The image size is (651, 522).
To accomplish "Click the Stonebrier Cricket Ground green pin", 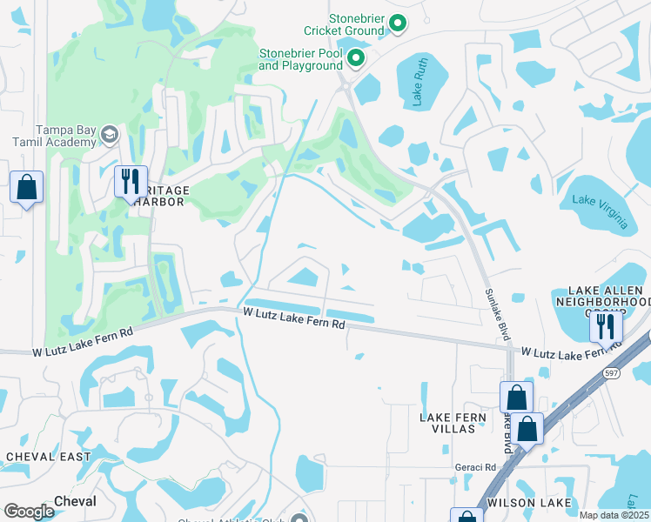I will click(398, 23).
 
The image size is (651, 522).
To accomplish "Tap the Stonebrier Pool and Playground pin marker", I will click(356, 58).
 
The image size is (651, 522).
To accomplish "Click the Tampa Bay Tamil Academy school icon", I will click(110, 134).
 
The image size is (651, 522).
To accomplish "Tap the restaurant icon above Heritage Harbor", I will click(131, 182).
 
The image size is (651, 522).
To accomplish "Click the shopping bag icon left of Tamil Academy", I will click(27, 187).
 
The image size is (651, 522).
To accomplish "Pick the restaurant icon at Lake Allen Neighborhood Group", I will click(604, 326).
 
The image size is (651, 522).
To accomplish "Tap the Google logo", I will click(29, 512).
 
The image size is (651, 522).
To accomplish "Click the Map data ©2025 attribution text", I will click(614, 515).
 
